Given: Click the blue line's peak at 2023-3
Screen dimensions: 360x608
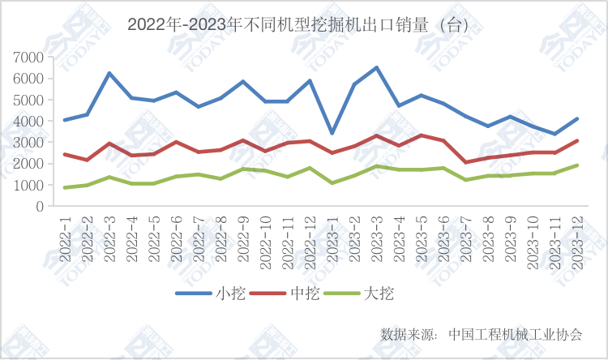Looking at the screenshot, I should tap(377, 67).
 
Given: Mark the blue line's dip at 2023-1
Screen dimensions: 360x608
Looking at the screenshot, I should tap(332, 133).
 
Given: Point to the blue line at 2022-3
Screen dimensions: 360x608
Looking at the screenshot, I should tap(109, 73).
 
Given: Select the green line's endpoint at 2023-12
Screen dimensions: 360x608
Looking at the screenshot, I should tap(577, 165).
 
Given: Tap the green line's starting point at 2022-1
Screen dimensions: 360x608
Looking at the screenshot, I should tap(65, 187).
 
